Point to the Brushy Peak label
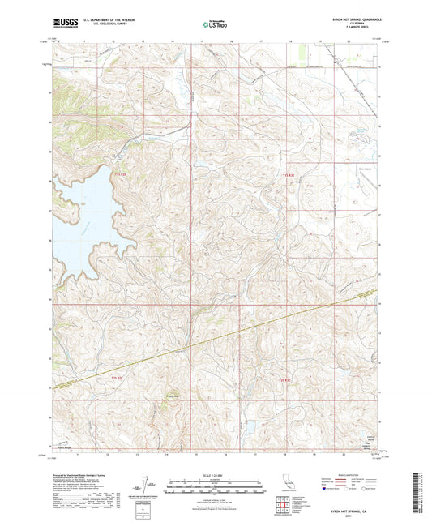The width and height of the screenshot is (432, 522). click(x=172, y=396)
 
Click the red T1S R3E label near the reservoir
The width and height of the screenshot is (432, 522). click(x=118, y=174)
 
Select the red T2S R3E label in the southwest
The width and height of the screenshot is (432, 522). click(x=118, y=378)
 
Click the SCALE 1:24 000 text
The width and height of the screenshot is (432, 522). click(x=216, y=475)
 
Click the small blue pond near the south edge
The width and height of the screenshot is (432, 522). click(x=249, y=426)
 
